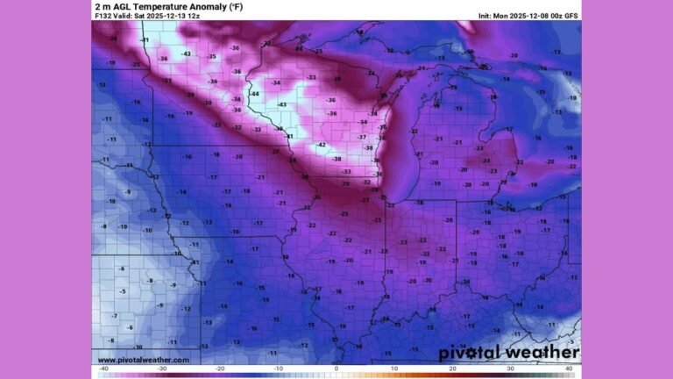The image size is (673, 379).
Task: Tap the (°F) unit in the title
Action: point(235,7)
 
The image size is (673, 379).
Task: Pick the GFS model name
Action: point(570,16)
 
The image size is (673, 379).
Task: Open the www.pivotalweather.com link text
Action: point(142,360)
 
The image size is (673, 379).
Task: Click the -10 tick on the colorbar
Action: point(277,369)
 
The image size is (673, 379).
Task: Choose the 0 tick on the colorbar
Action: point(336,369)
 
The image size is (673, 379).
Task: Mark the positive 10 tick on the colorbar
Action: point(395,369)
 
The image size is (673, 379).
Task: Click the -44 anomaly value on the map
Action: point(255,94)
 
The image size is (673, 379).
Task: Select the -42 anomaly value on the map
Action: point(322,145)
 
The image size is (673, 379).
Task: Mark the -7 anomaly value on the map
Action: point(115,315)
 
